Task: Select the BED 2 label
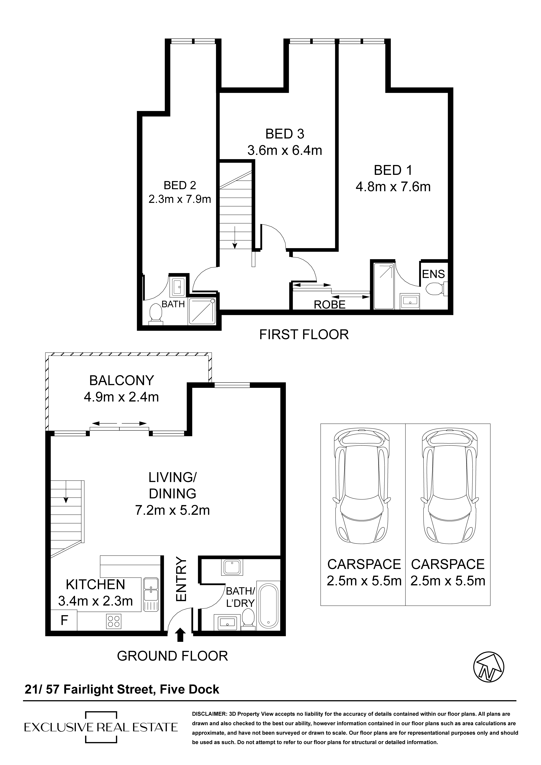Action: (x=180, y=185)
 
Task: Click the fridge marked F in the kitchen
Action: (x=64, y=620)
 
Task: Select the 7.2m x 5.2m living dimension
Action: (x=172, y=510)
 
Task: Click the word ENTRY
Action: (x=180, y=579)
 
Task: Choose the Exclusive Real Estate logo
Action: (x=101, y=727)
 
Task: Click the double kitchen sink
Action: (x=151, y=594)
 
